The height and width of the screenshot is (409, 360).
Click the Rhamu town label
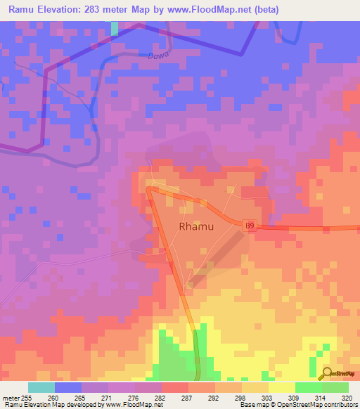[x=196, y=227]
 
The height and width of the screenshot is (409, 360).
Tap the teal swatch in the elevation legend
[x=41, y=387]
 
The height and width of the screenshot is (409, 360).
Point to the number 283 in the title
[x=101, y=10]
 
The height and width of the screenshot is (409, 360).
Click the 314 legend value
[x=321, y=398]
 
